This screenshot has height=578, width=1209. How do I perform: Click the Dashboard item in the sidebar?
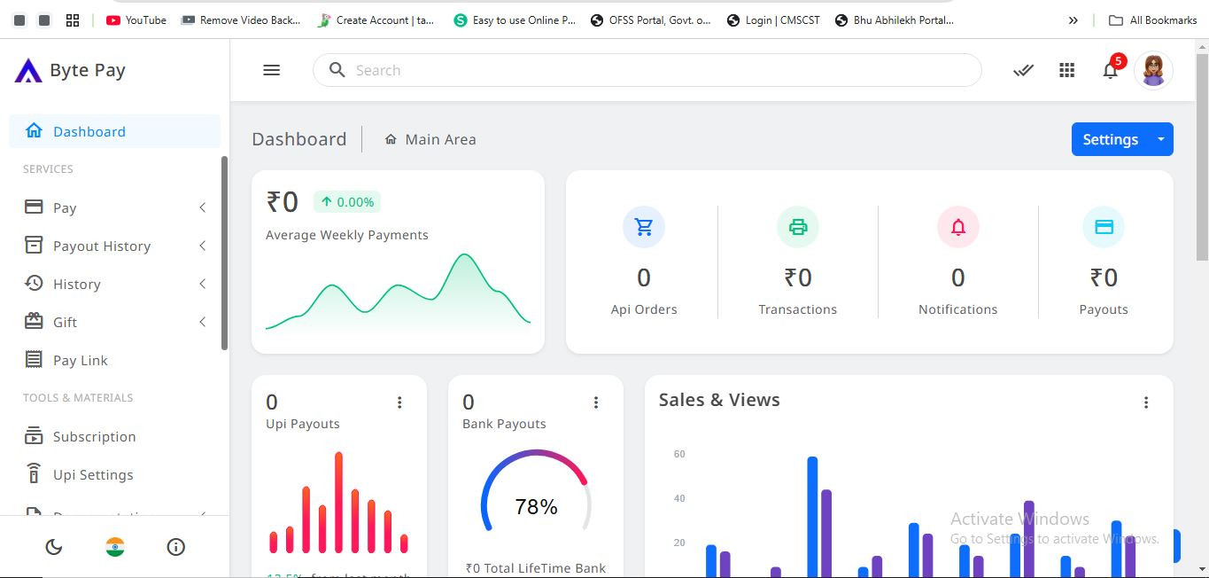click(89, 131)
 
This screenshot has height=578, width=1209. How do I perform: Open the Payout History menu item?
click(101, 246)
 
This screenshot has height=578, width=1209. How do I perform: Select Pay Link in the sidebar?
click(80, 360)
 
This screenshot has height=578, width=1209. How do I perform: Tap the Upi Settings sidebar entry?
click(92, 474)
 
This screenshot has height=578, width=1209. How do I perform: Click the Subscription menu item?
click(94, 436)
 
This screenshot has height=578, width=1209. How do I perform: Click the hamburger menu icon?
click(272, 70)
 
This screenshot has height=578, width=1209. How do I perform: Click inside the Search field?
click(655, 70)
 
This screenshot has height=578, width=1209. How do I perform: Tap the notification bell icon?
click(1110, 70)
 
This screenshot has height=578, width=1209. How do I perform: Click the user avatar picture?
click(1153, 70)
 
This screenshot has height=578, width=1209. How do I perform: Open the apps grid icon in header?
click(1067, 70)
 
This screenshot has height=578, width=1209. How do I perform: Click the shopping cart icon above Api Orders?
click(644, 227)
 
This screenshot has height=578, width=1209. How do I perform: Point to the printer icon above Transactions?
click(798, 227)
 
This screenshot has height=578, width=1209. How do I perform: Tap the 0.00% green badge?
click(347, 202)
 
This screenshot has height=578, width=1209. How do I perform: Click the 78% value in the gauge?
click(536, 506)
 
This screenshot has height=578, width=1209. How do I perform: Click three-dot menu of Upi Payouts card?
click(399, 402)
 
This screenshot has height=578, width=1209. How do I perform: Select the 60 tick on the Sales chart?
click(679, 454)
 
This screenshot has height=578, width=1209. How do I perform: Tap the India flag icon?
click(115, 547)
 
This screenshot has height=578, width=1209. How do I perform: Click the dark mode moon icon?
click(54, 547)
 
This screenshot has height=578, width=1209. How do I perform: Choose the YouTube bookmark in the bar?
click(136, 20)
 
